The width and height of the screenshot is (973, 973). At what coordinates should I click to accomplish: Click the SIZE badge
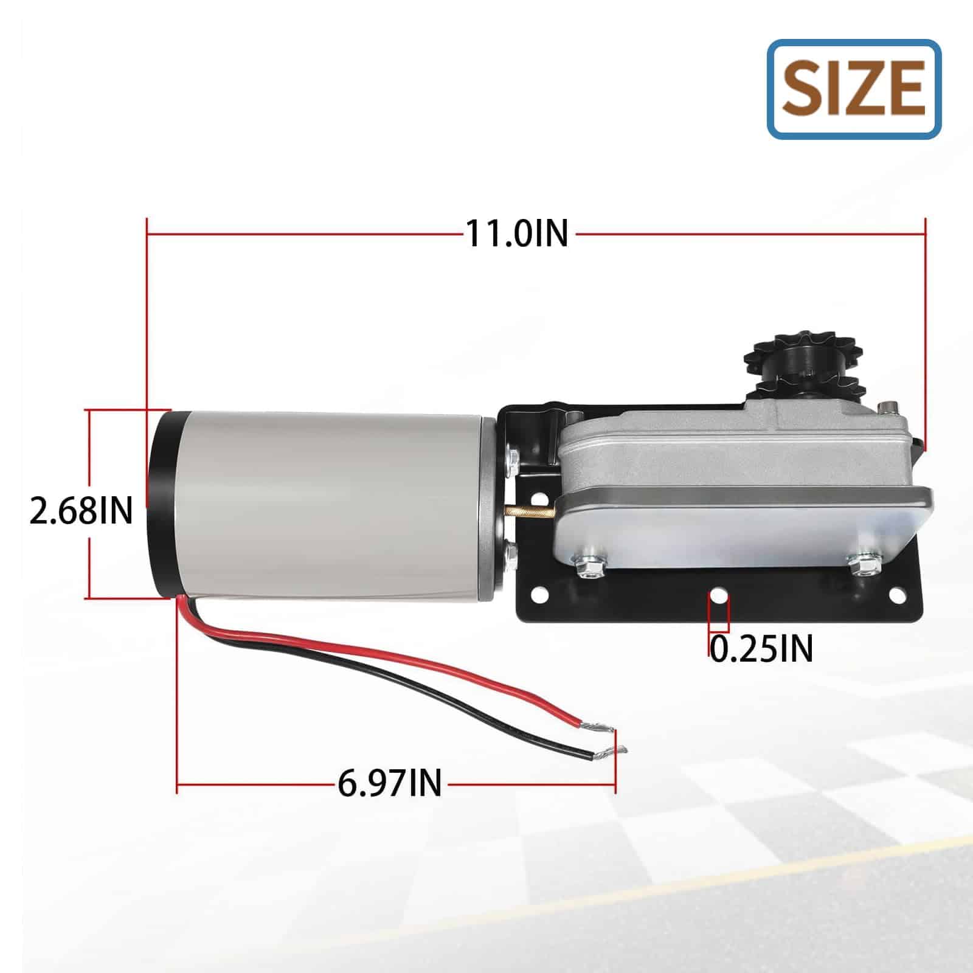tap(854, 89)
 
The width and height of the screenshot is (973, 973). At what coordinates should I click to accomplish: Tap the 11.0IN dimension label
tap(517, 233)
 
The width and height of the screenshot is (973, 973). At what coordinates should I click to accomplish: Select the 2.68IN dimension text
tap(81, 511)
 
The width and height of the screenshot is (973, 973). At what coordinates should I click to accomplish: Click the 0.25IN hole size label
tap(761, 648)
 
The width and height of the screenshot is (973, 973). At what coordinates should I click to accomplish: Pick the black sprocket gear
tap(781, 365)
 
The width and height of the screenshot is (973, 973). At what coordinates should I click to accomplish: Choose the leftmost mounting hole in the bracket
tap(538, 594)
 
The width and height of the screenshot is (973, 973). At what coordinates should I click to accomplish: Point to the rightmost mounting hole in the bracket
tap(896, 594)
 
